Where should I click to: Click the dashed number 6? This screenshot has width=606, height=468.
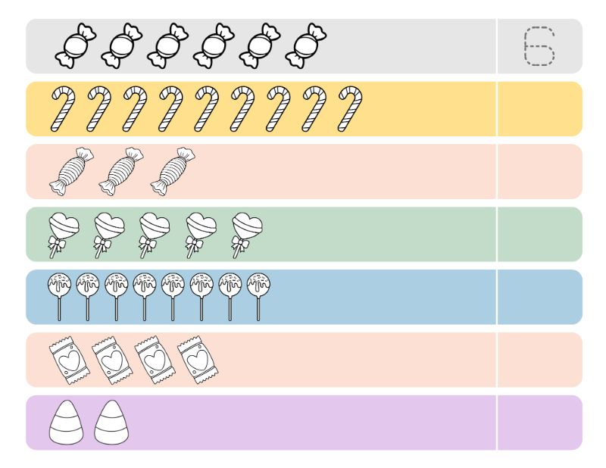(x=540, y=46)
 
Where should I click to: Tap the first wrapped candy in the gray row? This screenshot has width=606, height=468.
(x=75, y=45)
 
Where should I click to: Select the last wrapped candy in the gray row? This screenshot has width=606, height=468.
(x=306, y=45)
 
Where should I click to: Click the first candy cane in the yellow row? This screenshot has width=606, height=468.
(x=63, y=108)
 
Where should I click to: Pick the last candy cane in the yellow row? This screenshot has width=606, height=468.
(x=350, y=108)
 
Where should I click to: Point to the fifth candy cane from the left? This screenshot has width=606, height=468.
(x=206, y=108)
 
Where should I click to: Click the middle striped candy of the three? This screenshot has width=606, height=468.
(x=121, y=171)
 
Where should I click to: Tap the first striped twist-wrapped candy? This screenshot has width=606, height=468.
(x=71, y=171)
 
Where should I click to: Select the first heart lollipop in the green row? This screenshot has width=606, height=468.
(x=64, y=235)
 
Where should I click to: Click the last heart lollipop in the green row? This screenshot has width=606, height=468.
(x=248, y=235)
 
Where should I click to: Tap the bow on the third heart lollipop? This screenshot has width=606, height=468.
(x=147, y=245)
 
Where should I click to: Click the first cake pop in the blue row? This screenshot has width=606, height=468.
(x=59, y=297)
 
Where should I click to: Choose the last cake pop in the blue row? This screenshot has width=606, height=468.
(x=258, y=297)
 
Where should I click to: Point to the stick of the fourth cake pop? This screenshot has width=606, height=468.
(x=145, y=309)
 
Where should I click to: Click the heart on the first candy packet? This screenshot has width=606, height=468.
(x=70, y=361)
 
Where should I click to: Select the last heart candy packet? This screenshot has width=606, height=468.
(x=198, y=360)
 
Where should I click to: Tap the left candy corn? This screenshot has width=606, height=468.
(x=66, y=422)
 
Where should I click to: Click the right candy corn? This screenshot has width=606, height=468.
(x=111, y=422)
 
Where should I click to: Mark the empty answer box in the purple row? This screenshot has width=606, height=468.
(x=540, y=423)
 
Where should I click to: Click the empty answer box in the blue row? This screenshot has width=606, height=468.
(x=540, y=297)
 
